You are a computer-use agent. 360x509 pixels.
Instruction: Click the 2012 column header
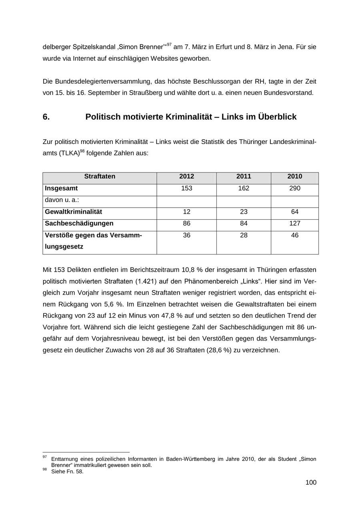(186, 176)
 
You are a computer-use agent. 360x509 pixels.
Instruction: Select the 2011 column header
(244, 176)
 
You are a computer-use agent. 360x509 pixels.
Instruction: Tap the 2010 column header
(295, 176)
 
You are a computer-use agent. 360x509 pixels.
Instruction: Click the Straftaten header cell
(100, 176)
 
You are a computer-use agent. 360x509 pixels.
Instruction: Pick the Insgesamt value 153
(186, 188)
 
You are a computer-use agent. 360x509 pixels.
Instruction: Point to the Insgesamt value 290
(295, 188)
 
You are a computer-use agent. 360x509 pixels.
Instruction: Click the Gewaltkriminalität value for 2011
(244, 212)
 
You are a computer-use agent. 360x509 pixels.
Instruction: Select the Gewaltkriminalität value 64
(295, 212)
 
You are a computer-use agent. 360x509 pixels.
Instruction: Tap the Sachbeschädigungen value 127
(295, 223)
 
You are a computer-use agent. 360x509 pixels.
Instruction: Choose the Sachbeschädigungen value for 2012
(186, 223)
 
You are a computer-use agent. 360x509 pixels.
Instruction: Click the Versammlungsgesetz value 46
(295, 235)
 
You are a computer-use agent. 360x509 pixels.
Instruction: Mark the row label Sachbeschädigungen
(79, 223)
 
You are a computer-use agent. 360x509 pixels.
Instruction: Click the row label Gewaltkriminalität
(74, 212)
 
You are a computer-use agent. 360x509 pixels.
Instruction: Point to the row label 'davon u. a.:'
(62, 200)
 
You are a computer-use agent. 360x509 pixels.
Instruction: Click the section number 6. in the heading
(46, 117)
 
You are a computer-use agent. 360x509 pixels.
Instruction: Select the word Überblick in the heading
(277, 117)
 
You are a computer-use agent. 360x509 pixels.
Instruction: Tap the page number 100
(311, 482)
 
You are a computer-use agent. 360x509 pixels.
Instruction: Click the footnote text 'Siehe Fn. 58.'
(67, 471)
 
